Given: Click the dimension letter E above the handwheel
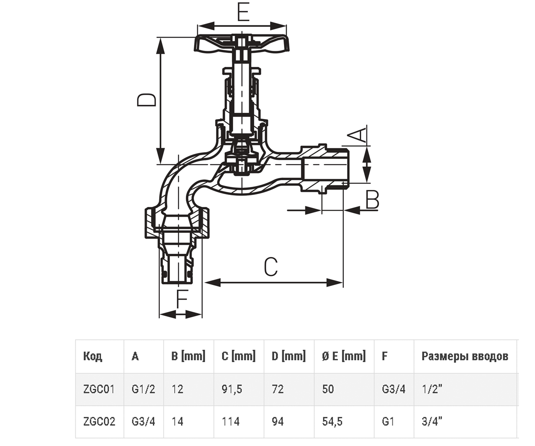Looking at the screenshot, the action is click(243, 13).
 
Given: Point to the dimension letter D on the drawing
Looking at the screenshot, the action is click(147, 100).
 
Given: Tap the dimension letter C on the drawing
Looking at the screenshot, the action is click(271, 267).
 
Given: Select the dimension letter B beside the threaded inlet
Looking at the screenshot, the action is click(372, 199).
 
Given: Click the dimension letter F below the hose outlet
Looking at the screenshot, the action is click(183, 299).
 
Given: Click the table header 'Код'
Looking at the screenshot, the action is click(93, 356).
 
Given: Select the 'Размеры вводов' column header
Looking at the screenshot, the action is click(465, 356).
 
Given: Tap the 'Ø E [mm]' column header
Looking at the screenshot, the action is click(344, 356).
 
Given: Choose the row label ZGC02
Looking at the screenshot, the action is click(99, 421).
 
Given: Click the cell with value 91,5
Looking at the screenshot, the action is click(232, 389).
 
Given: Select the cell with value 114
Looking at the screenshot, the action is click(230, 421).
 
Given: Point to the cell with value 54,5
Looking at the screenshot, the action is click(332, 422).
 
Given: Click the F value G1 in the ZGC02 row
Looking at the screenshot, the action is click(388, 421).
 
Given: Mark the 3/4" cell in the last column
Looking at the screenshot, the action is click(432, 421).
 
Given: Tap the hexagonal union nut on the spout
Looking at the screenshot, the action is click(177, 223).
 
